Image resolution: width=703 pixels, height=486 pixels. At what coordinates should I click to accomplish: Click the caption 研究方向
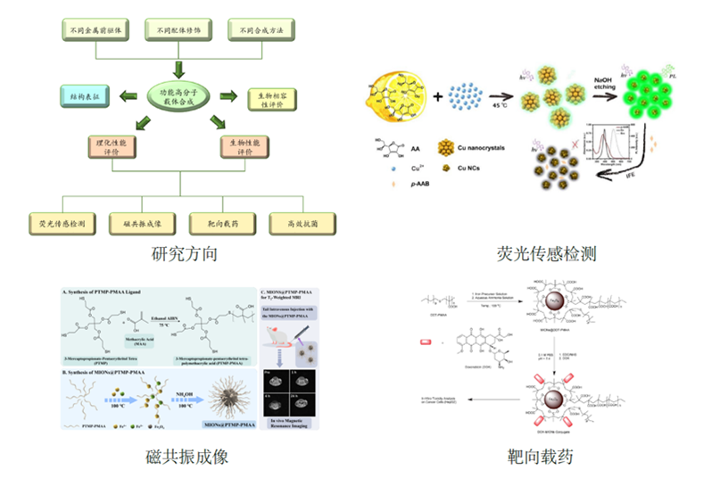(185, 254)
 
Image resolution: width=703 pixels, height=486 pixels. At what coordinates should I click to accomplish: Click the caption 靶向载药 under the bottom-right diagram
(548, 457)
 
